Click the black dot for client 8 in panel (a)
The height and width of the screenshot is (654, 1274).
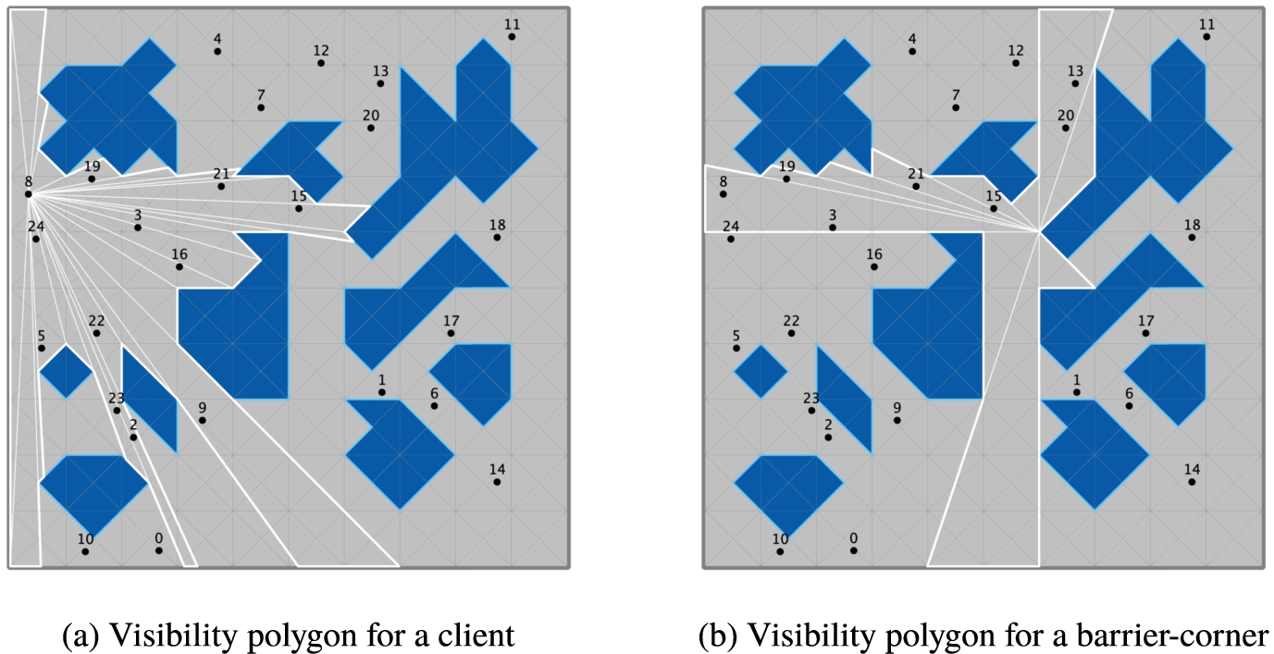(29, 194)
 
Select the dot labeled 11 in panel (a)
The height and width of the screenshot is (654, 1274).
(512, 37)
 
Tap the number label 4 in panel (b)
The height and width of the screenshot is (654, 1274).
(912, 39)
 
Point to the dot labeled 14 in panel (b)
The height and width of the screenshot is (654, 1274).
(1192, 482)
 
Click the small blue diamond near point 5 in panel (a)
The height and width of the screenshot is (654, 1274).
(66, 372)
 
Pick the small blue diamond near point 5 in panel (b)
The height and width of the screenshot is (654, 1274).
(761, 372)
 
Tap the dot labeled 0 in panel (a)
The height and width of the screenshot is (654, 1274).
(159, 550)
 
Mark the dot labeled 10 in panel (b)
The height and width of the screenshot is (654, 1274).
(780, 551)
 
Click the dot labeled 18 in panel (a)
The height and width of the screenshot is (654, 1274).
(497, 237)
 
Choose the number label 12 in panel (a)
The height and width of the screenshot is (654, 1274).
(321, 51)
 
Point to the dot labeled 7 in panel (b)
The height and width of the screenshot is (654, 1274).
(956, 107)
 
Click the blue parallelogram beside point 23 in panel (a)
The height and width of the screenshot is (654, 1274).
(150, 400)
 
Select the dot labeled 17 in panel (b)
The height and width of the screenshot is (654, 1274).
(1145, 333)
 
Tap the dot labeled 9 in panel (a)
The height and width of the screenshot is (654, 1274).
(203, 420)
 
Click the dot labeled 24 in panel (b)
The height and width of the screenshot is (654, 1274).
(731, 239)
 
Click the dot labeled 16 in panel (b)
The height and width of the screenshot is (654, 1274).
(874, 266)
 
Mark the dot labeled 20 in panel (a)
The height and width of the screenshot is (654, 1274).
(371, 128)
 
